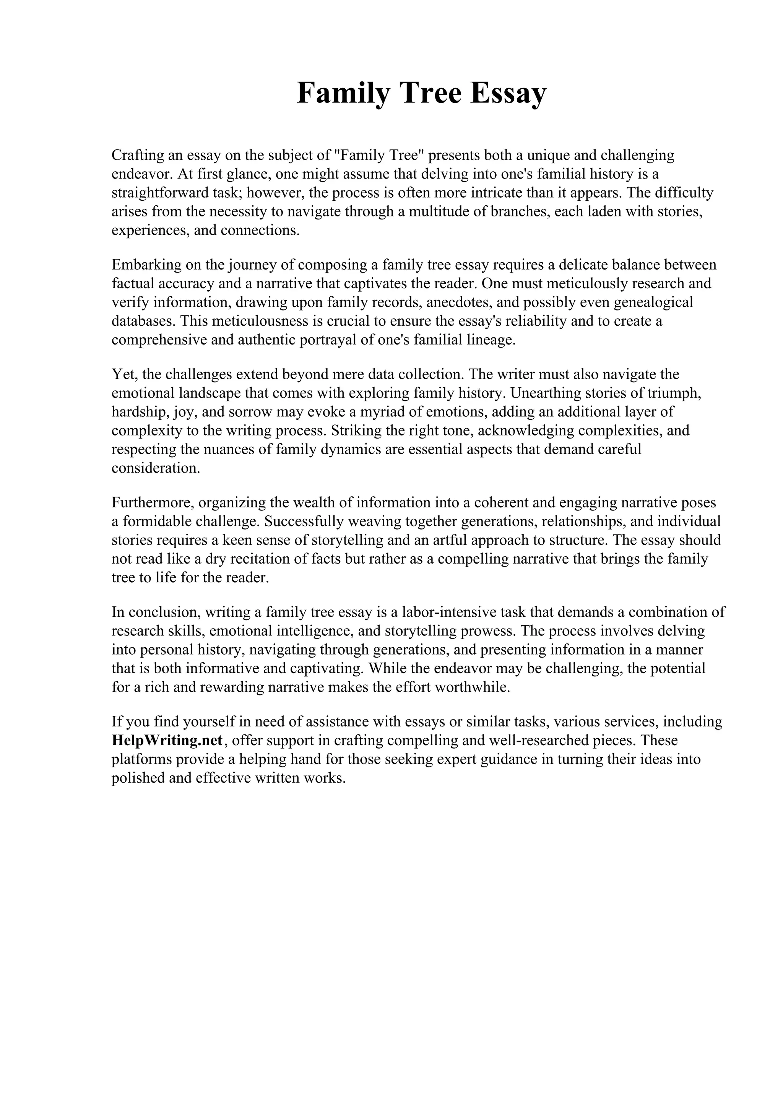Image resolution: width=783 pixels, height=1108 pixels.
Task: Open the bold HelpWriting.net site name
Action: tap(167, 741)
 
